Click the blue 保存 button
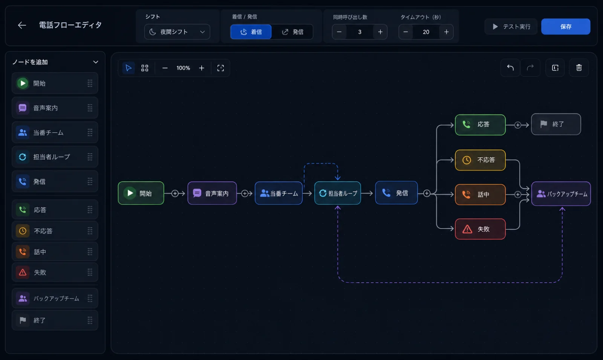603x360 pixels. (566, 26)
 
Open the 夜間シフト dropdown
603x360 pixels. (177, 32)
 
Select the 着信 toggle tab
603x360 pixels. (251, 32)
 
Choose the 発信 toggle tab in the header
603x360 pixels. (292, 32)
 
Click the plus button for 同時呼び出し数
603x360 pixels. (380, 32)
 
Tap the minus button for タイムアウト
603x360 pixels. (406, 32)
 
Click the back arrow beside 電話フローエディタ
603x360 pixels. (22, 25)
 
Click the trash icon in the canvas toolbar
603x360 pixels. (579, 67)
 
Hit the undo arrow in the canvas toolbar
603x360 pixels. (510, 67)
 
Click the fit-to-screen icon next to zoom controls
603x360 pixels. (220, 68)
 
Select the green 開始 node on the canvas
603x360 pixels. (141, 193)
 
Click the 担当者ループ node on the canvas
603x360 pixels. (338, 193)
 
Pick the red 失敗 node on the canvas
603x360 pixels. (480, 229)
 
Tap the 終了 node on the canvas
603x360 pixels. (556, 124)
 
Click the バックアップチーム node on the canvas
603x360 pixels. (561, 194)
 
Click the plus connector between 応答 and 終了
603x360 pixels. (517, 125)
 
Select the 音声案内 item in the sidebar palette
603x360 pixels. (55, 108)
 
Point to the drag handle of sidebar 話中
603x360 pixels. (90, 251)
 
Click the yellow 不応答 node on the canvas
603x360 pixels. (480, 160)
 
